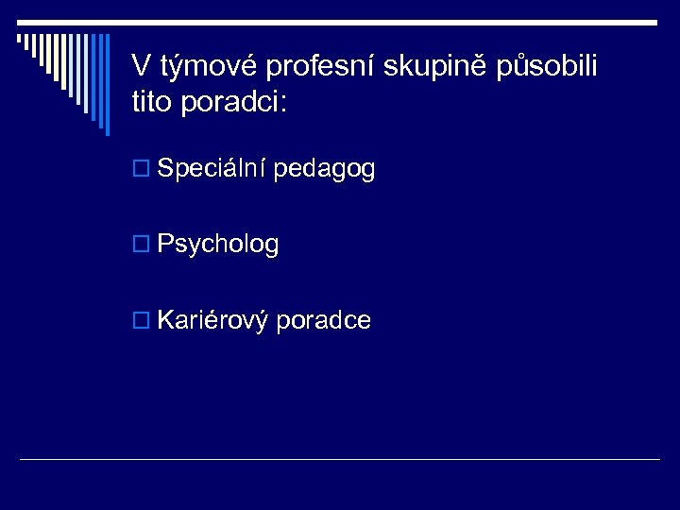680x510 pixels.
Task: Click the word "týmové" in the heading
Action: (x=205, y=67)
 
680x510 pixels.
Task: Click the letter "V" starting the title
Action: (x=141, y=66)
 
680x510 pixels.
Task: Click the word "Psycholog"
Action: (x=218, y=246)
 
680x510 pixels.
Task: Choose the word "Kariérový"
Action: (x=213, y=321)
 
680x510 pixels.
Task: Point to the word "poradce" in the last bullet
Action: (x=326, y=321)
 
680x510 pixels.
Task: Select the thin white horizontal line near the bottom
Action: (x=340, y=460)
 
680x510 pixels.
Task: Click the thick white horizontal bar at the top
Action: (x=340, y=22)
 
